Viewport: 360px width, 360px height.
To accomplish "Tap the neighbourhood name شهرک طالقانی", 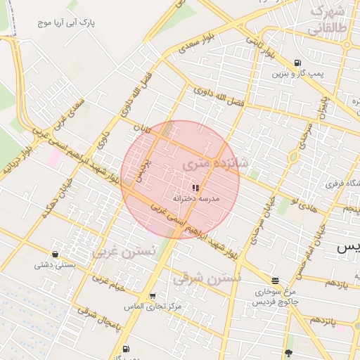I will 328,20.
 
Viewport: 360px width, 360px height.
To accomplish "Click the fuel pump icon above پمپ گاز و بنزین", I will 299,62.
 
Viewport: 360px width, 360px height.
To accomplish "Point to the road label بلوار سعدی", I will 195,46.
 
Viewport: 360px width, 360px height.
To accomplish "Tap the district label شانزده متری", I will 214,163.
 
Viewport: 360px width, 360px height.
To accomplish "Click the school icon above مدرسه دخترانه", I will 195,188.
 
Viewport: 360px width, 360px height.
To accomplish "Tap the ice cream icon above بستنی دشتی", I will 56,255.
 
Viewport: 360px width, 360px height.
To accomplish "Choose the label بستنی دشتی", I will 55,266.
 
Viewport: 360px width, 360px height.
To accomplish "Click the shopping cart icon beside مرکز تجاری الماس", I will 153,296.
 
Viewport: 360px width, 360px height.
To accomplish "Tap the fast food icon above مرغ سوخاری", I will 274,280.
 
